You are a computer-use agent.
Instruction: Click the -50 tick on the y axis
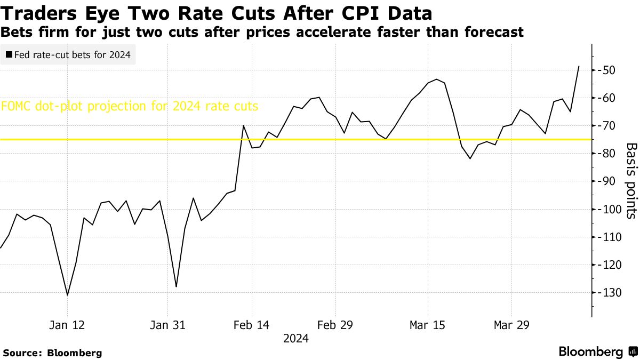608,70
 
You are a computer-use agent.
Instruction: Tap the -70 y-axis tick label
608,126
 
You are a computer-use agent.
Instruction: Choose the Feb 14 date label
251,324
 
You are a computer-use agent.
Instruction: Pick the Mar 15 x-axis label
427,324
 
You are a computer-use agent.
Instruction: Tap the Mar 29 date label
511,324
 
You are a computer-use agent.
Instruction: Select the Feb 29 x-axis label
334,324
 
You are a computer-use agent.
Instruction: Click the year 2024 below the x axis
296,338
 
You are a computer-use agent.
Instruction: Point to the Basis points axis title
631,181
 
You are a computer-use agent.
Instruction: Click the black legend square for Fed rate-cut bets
9,54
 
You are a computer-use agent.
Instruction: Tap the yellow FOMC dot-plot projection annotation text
130,106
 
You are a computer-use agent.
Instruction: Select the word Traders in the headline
34,12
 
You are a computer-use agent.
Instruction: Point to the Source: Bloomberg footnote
52,353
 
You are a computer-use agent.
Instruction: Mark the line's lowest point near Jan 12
67,295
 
